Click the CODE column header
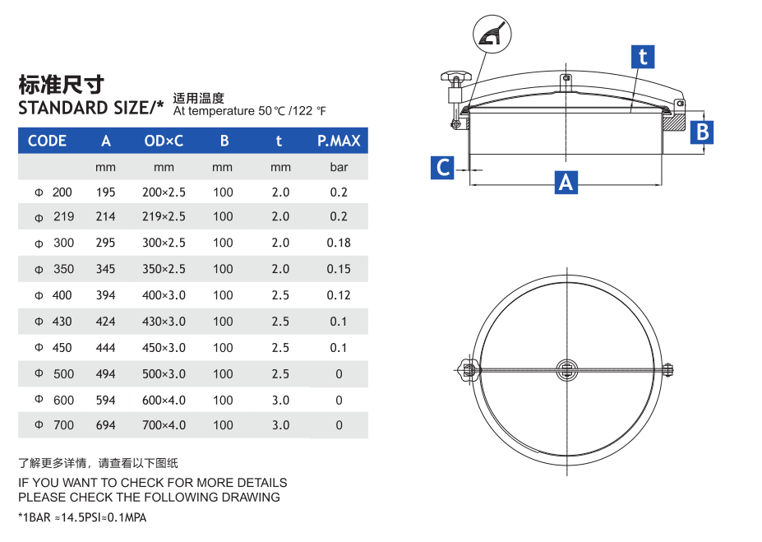(x=47, y=141)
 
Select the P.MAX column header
(x=339, y=141)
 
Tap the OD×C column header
(x=164, y=141)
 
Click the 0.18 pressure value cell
(x=339, y=243)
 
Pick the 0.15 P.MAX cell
(x=339, y=269)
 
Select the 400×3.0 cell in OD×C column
(x=164, y=295)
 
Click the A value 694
(x=105, y=425)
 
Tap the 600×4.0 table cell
(x=164, y=401)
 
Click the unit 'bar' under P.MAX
(x=339, y=167)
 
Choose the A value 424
(x=105, y=322)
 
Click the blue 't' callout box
(x=643, y=57)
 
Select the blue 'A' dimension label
(x=566, y=182)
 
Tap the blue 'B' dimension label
(x=701, y=132)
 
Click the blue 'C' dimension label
(x=443, y=168)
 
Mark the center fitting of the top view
(x=566, y=368)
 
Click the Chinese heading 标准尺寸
(x=61, y=84)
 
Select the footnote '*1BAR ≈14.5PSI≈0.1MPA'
(x=82, y=517)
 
